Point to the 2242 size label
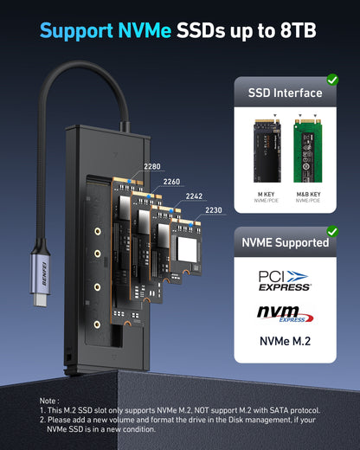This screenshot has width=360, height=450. [194, 196]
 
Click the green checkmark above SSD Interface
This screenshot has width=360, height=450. [331, 80]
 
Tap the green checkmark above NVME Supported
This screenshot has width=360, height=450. [331, 232]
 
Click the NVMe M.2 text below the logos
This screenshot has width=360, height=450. [284, 341]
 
